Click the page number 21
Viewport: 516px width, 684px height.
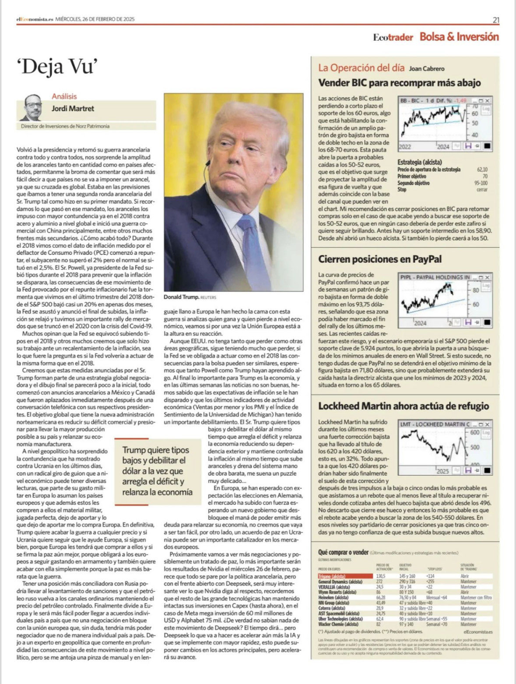496,20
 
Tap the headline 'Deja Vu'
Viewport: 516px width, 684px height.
56,67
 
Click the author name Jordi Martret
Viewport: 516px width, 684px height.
73,109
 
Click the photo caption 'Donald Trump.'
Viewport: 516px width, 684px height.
181,297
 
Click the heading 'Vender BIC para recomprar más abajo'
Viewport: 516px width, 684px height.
399,83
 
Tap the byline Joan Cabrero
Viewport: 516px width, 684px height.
426,69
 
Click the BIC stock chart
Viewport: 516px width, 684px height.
445,124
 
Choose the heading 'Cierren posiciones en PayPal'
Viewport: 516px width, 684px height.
380,259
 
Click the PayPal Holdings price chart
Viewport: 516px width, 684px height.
445,301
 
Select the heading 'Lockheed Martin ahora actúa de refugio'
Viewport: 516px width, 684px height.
403,406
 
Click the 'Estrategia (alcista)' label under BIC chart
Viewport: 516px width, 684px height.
419,162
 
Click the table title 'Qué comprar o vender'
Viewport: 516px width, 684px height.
343,552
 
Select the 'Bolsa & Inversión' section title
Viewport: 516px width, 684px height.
459,37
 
